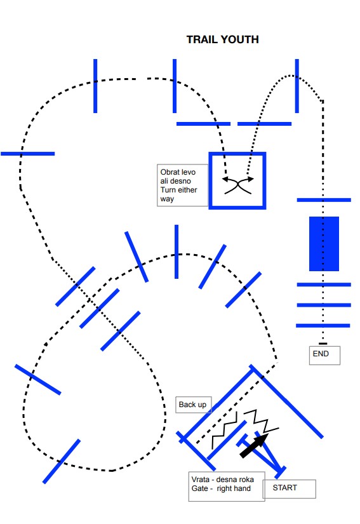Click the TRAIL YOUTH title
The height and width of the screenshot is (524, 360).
[x=222, y=39]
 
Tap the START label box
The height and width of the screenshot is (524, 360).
[x=289, y=489]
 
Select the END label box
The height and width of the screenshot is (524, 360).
[x=324, y=355]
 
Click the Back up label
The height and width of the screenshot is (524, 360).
[x=193, y=405]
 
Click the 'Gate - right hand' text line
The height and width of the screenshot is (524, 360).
[x=221, y=488]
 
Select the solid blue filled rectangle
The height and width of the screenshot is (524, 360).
[x=324, y=244]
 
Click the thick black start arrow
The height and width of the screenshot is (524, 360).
[x=254, y=445]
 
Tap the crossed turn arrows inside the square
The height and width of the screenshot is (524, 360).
[x=237, y=186]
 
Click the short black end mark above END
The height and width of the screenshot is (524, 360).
[x=323, y=344]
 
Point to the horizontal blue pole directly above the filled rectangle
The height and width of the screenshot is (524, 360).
[x=324, y=200]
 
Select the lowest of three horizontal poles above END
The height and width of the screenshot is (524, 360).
[x=323, y=325]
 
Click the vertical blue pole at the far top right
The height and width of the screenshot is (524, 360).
[x=297, y=86]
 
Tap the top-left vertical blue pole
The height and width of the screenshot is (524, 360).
[x=95, y=86]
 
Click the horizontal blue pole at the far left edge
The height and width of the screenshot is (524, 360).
[x=28, y=154]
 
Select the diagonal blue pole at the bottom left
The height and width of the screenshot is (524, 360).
[x=62, y=461]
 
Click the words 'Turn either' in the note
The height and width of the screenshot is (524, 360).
[x=178, y=190]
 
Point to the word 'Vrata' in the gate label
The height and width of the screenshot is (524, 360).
[x=201, y=479]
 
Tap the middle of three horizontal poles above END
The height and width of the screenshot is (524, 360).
[x=324, y=305]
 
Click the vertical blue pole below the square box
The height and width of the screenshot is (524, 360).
[x=177, y=252]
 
